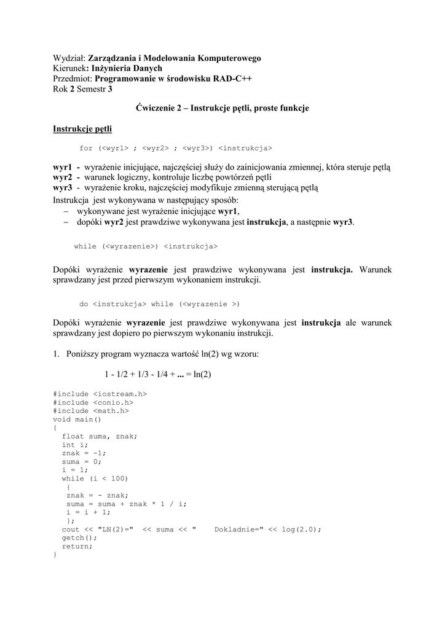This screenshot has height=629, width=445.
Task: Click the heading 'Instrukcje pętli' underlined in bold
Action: (x=82, y=129)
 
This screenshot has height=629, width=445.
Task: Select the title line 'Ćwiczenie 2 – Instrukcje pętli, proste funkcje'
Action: (x=222, y=108)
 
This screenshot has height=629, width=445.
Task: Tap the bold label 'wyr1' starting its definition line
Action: (x=63, y=168)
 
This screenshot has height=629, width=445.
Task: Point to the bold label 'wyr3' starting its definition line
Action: (x=63, y=187)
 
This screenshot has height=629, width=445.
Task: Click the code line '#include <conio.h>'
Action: (x=93, y=402)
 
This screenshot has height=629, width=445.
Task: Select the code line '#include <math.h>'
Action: (x=90, y=411)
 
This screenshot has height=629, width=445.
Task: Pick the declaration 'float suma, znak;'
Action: (x=100, y=437)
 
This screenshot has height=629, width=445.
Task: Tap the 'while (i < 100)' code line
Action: (x=95, y=479)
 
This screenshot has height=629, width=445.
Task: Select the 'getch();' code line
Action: (x=79, y=537)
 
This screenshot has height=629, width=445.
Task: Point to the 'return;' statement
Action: (x=77, y=546)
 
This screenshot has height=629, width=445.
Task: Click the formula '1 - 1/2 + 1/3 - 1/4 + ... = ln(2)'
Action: (x=158, y=374)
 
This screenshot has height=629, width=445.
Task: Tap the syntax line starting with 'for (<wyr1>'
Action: (x=176, y=148)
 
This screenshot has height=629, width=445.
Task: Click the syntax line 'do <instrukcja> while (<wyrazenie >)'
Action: (x=159, y=304)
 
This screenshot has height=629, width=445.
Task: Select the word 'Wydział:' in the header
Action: (x=69, y=58)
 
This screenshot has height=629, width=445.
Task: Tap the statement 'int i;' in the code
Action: (x=75, y=445)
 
